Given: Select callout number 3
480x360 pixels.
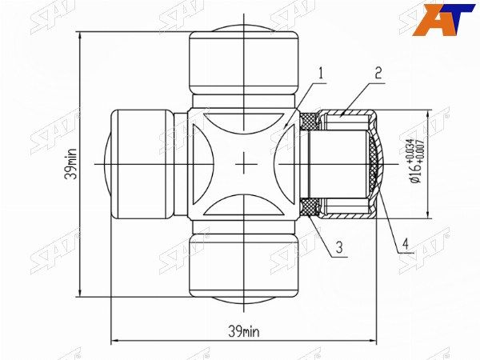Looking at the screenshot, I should (x=339, y=248).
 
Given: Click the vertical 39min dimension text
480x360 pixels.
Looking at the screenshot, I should (x=71, y=163).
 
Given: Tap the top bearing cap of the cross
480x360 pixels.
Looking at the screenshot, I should (x=244, y=60).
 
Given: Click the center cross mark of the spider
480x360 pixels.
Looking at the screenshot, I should (x=244, y=163).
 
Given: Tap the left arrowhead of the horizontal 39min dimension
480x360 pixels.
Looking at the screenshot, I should (x=112, y=339).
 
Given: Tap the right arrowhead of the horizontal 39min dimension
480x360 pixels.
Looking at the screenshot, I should (x=375, y=339).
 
